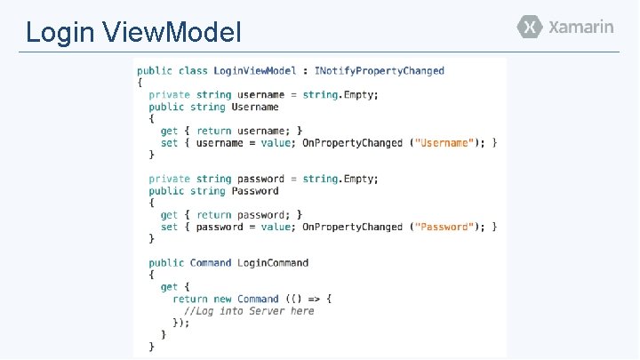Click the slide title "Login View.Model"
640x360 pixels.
pyautogui.click(x=133, y=33)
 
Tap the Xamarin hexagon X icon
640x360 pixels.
pyautogui.click(x=530, y=27)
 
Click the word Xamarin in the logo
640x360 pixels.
pyautogui.click(x=580, y=27)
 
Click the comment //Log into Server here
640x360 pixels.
pyautogui.click(x=249, y=311)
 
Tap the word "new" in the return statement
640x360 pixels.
pyautogui.click(x=222, y=299)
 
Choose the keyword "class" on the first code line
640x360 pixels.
pyautogui.click(x=193, y=70)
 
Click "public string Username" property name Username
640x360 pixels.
pyautogui.click(x=255, y=107)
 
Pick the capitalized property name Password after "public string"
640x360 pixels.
pyautogui.click(x=255, y=191)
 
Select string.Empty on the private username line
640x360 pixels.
pyautogui.click(x=339, y=94)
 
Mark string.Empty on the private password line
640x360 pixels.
pyautogui.click(x=339, y=179)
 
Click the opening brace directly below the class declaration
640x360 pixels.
pyautogui.click(x=140, y=83)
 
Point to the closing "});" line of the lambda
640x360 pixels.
pyautogui.click(x=181, y=324)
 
